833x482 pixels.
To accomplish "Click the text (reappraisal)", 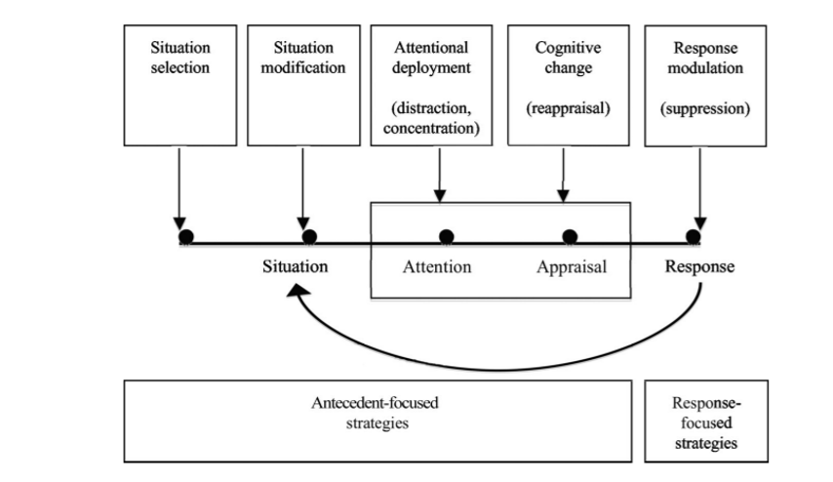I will (x=567, y=108).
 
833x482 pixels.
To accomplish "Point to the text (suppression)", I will (x=705, y=108).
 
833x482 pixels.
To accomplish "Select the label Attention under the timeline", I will (x=437, y=266).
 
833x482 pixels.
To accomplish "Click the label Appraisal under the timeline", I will (x=572, y=266).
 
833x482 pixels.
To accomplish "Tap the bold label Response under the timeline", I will (x=699, y=266).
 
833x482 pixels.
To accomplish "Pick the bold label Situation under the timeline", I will (x=295, y=266).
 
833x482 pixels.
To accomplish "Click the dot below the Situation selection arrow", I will (x=185, y=236).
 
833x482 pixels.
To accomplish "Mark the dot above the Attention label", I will (x=446, y=236).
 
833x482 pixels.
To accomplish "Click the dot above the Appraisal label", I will (x=571, y=236).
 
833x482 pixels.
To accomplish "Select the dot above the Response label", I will (x=694, y=236).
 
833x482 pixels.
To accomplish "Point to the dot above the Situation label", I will (x=309, y=236).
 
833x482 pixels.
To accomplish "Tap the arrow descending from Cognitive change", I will (x=563, y=176).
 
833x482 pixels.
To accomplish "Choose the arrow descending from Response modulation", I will (x=700, y=185).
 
